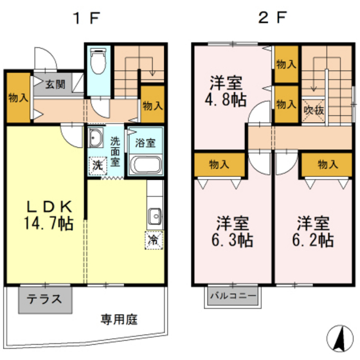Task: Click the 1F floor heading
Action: tap(86, 18)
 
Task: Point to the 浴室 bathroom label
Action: tap(146, 143)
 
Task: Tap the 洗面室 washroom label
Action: tap(114, 151)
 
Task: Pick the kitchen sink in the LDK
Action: tap(154, 215)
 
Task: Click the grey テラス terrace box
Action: tap(45, 298)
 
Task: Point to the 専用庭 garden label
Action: tap(118, 319)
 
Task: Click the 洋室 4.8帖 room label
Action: tap(226, 91)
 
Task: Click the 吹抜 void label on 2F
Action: tap(314, 109)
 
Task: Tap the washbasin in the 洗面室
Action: tap(96, 138)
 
